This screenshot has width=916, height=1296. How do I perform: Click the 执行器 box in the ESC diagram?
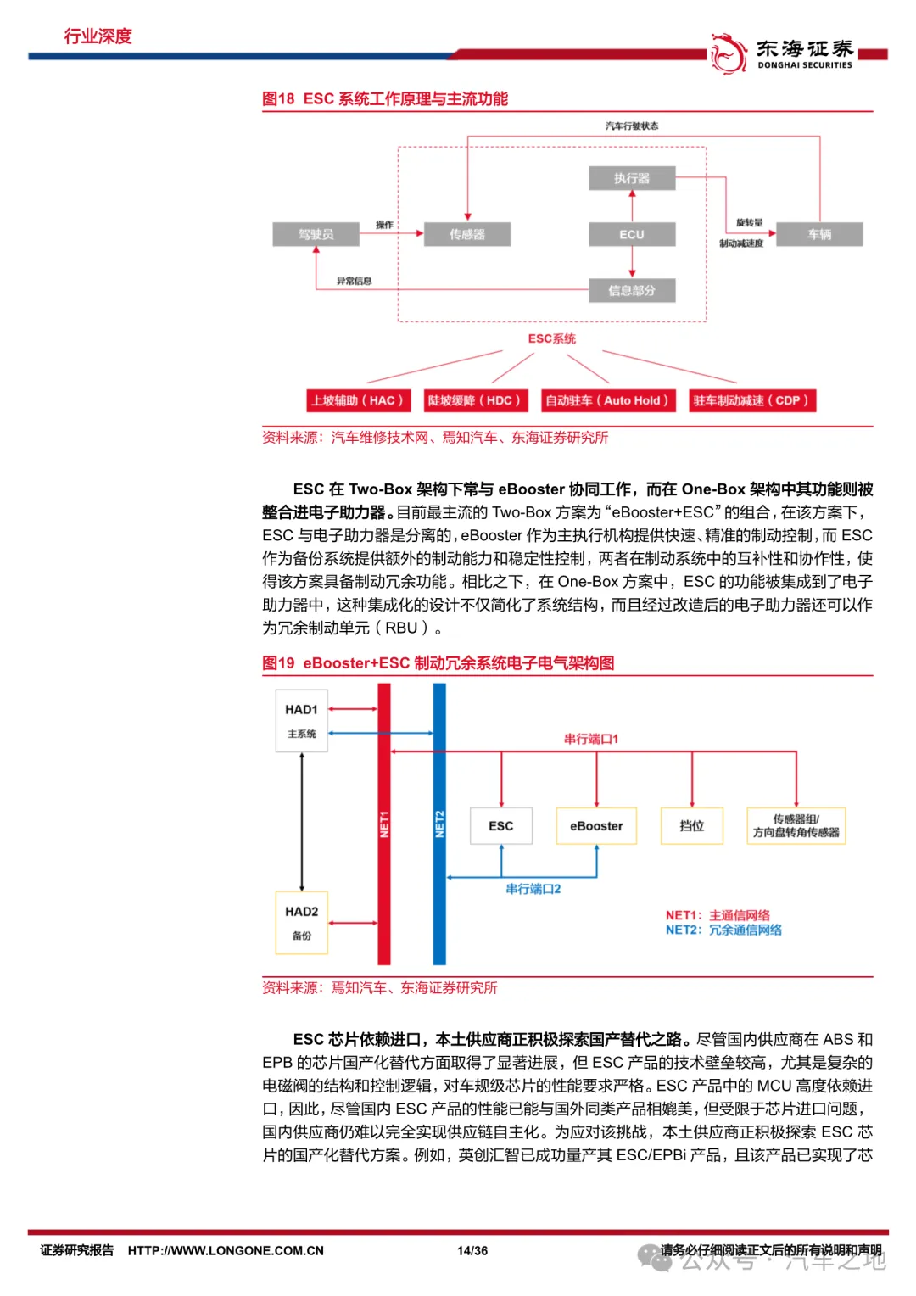coord(632,178)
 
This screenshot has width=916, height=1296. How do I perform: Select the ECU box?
coord(632,234)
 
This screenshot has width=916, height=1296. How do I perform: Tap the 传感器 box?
coord(467,234)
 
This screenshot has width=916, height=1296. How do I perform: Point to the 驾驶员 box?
coord(316,234)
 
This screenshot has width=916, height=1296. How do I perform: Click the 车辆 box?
coord(819,234)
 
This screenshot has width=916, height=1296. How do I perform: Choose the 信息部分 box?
coord(632,290)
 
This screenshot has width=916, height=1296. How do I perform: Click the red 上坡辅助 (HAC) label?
coord(357,400)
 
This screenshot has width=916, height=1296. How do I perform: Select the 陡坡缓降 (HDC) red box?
coord(475,400)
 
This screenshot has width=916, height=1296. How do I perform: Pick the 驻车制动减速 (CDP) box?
coord(751,400)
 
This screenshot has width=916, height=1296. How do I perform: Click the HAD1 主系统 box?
coord(301,720)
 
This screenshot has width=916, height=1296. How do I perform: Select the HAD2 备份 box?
coord(301,922)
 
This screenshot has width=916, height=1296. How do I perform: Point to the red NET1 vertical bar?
coord(384,824)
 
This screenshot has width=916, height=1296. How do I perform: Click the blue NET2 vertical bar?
coord(439,824)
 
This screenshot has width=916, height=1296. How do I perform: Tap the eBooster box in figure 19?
coord(596,826)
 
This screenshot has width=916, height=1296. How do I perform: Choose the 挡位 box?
coord(691,826)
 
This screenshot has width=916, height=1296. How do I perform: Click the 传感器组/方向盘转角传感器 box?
coord(796,826)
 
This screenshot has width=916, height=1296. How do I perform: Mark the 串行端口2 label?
coord(533,889)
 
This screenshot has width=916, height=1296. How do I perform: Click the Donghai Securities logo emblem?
coord(728,53)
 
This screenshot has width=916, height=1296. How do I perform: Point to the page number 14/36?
coord(472,1250)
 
